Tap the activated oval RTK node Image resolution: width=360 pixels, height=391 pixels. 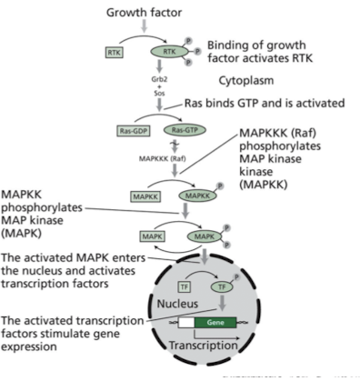(x=168, y=53)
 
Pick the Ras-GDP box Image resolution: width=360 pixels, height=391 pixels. (x=132, y=130)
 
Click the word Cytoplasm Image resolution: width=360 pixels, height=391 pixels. (x=246, y=80)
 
